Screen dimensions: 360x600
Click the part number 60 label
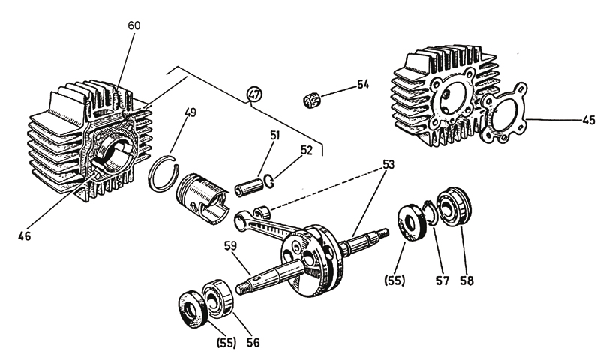[134, 25]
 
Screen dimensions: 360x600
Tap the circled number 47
[254, 94]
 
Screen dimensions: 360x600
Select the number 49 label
[190, 114]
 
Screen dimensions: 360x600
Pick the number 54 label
[363, 85]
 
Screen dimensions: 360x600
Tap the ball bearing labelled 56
[217, 298]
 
